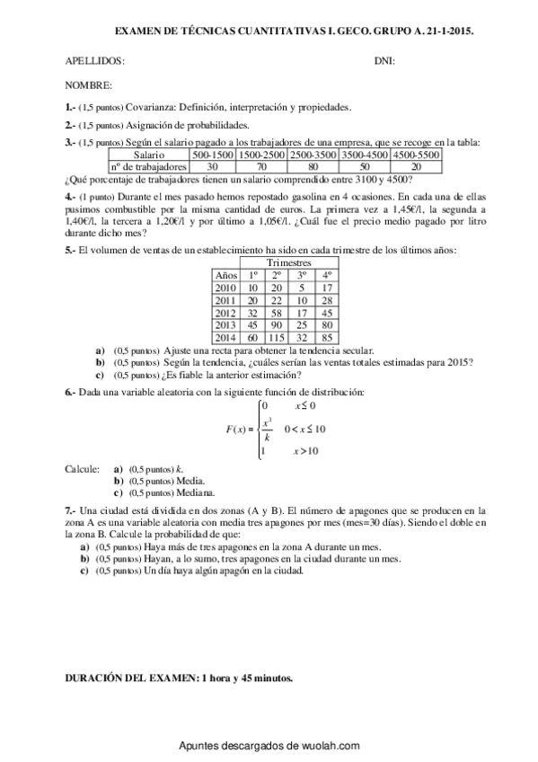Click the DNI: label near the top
point(384,61)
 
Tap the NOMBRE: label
point(89,85)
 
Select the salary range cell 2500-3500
point(313,155)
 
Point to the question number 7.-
point(72,509)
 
